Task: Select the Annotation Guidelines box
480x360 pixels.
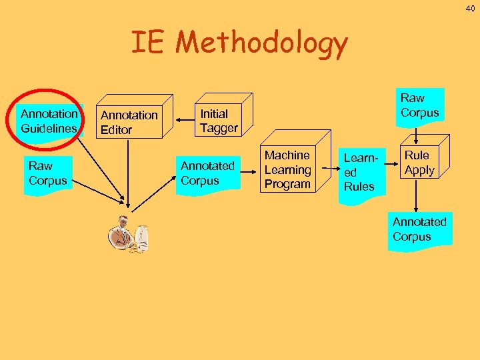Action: [49, 121]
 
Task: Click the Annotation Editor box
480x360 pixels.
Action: [129, 122]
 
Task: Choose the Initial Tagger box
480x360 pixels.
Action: [219, 121]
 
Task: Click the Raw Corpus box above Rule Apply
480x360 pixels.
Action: [419, 106]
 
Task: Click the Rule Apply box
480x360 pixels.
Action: [419, 163]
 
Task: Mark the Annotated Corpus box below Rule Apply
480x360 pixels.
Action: [419, 229]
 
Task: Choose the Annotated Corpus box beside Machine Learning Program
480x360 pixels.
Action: [207, 173]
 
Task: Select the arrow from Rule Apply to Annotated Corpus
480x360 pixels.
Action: [416, 197]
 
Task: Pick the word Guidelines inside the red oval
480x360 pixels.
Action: [49, 128]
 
